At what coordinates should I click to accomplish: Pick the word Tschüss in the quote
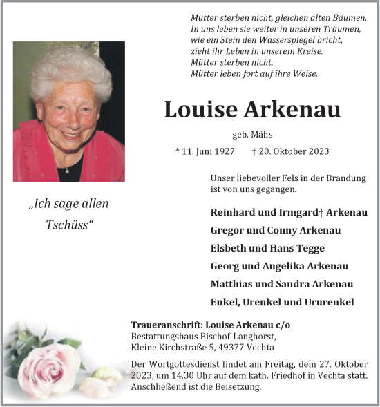[68, 226]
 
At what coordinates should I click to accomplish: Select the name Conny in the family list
[283, 230]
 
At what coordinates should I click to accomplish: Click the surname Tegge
[310, 248]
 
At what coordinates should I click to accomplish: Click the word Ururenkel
[327, 302]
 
